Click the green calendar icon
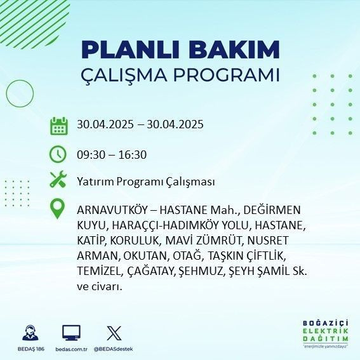[x=58, y=125]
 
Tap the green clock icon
[x=58, y=154]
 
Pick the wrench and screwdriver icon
[x=58, y=180]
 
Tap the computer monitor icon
[x=71, y=333]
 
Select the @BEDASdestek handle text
[x=115, y=350]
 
